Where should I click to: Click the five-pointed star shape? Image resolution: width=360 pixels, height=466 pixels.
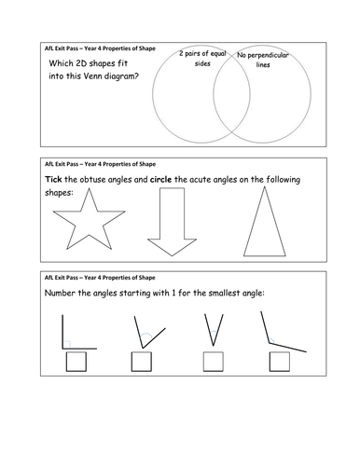[90, 222]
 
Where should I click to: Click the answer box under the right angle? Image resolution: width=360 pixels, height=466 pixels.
[76, 362]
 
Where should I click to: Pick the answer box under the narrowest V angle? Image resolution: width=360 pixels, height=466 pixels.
[214, 362]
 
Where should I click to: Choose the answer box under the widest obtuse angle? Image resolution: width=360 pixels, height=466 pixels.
[280, 362]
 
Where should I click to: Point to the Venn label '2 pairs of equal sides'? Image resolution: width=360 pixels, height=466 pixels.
[202, 59]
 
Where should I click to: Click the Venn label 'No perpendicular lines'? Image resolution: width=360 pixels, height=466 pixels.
[263, 60]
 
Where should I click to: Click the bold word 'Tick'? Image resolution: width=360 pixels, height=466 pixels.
[53, 179]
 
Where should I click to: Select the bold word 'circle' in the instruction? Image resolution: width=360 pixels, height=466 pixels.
[160, 180]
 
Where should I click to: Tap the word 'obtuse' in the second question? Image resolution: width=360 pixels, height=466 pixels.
[92, 180]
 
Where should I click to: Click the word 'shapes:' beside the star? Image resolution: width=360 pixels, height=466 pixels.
[59, 193]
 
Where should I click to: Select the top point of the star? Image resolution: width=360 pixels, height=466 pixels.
[90, 188]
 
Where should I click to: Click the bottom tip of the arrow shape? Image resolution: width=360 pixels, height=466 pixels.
[172, 256]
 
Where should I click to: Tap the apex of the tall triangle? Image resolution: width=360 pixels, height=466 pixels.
[265, 186]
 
